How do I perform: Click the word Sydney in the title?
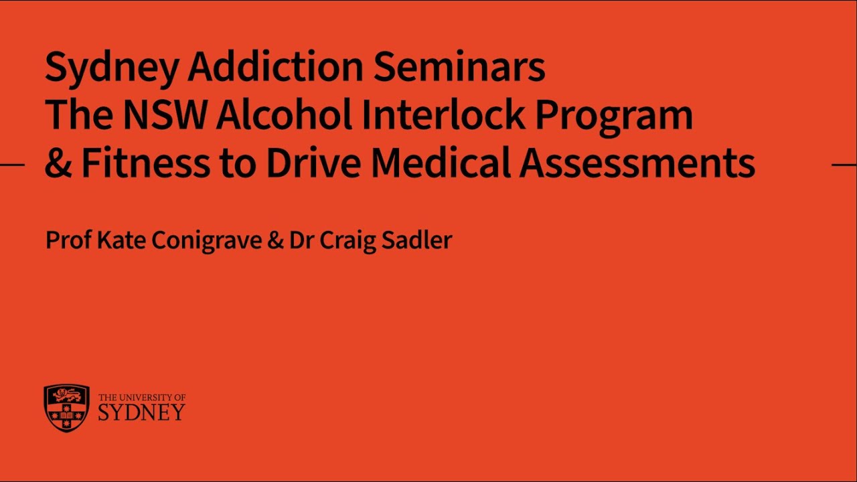coord(112,68)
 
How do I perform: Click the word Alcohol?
coord(285,115)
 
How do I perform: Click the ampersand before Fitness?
coord(58,164)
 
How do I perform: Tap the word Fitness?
coord(145,164)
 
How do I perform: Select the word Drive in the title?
coord(312,164)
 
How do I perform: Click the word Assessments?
coord(637,164)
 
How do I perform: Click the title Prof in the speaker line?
coord(68,240)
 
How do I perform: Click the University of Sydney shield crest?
coord(66,408)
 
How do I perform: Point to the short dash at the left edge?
coord(12,164)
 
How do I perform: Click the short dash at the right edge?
coord(844,164)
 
